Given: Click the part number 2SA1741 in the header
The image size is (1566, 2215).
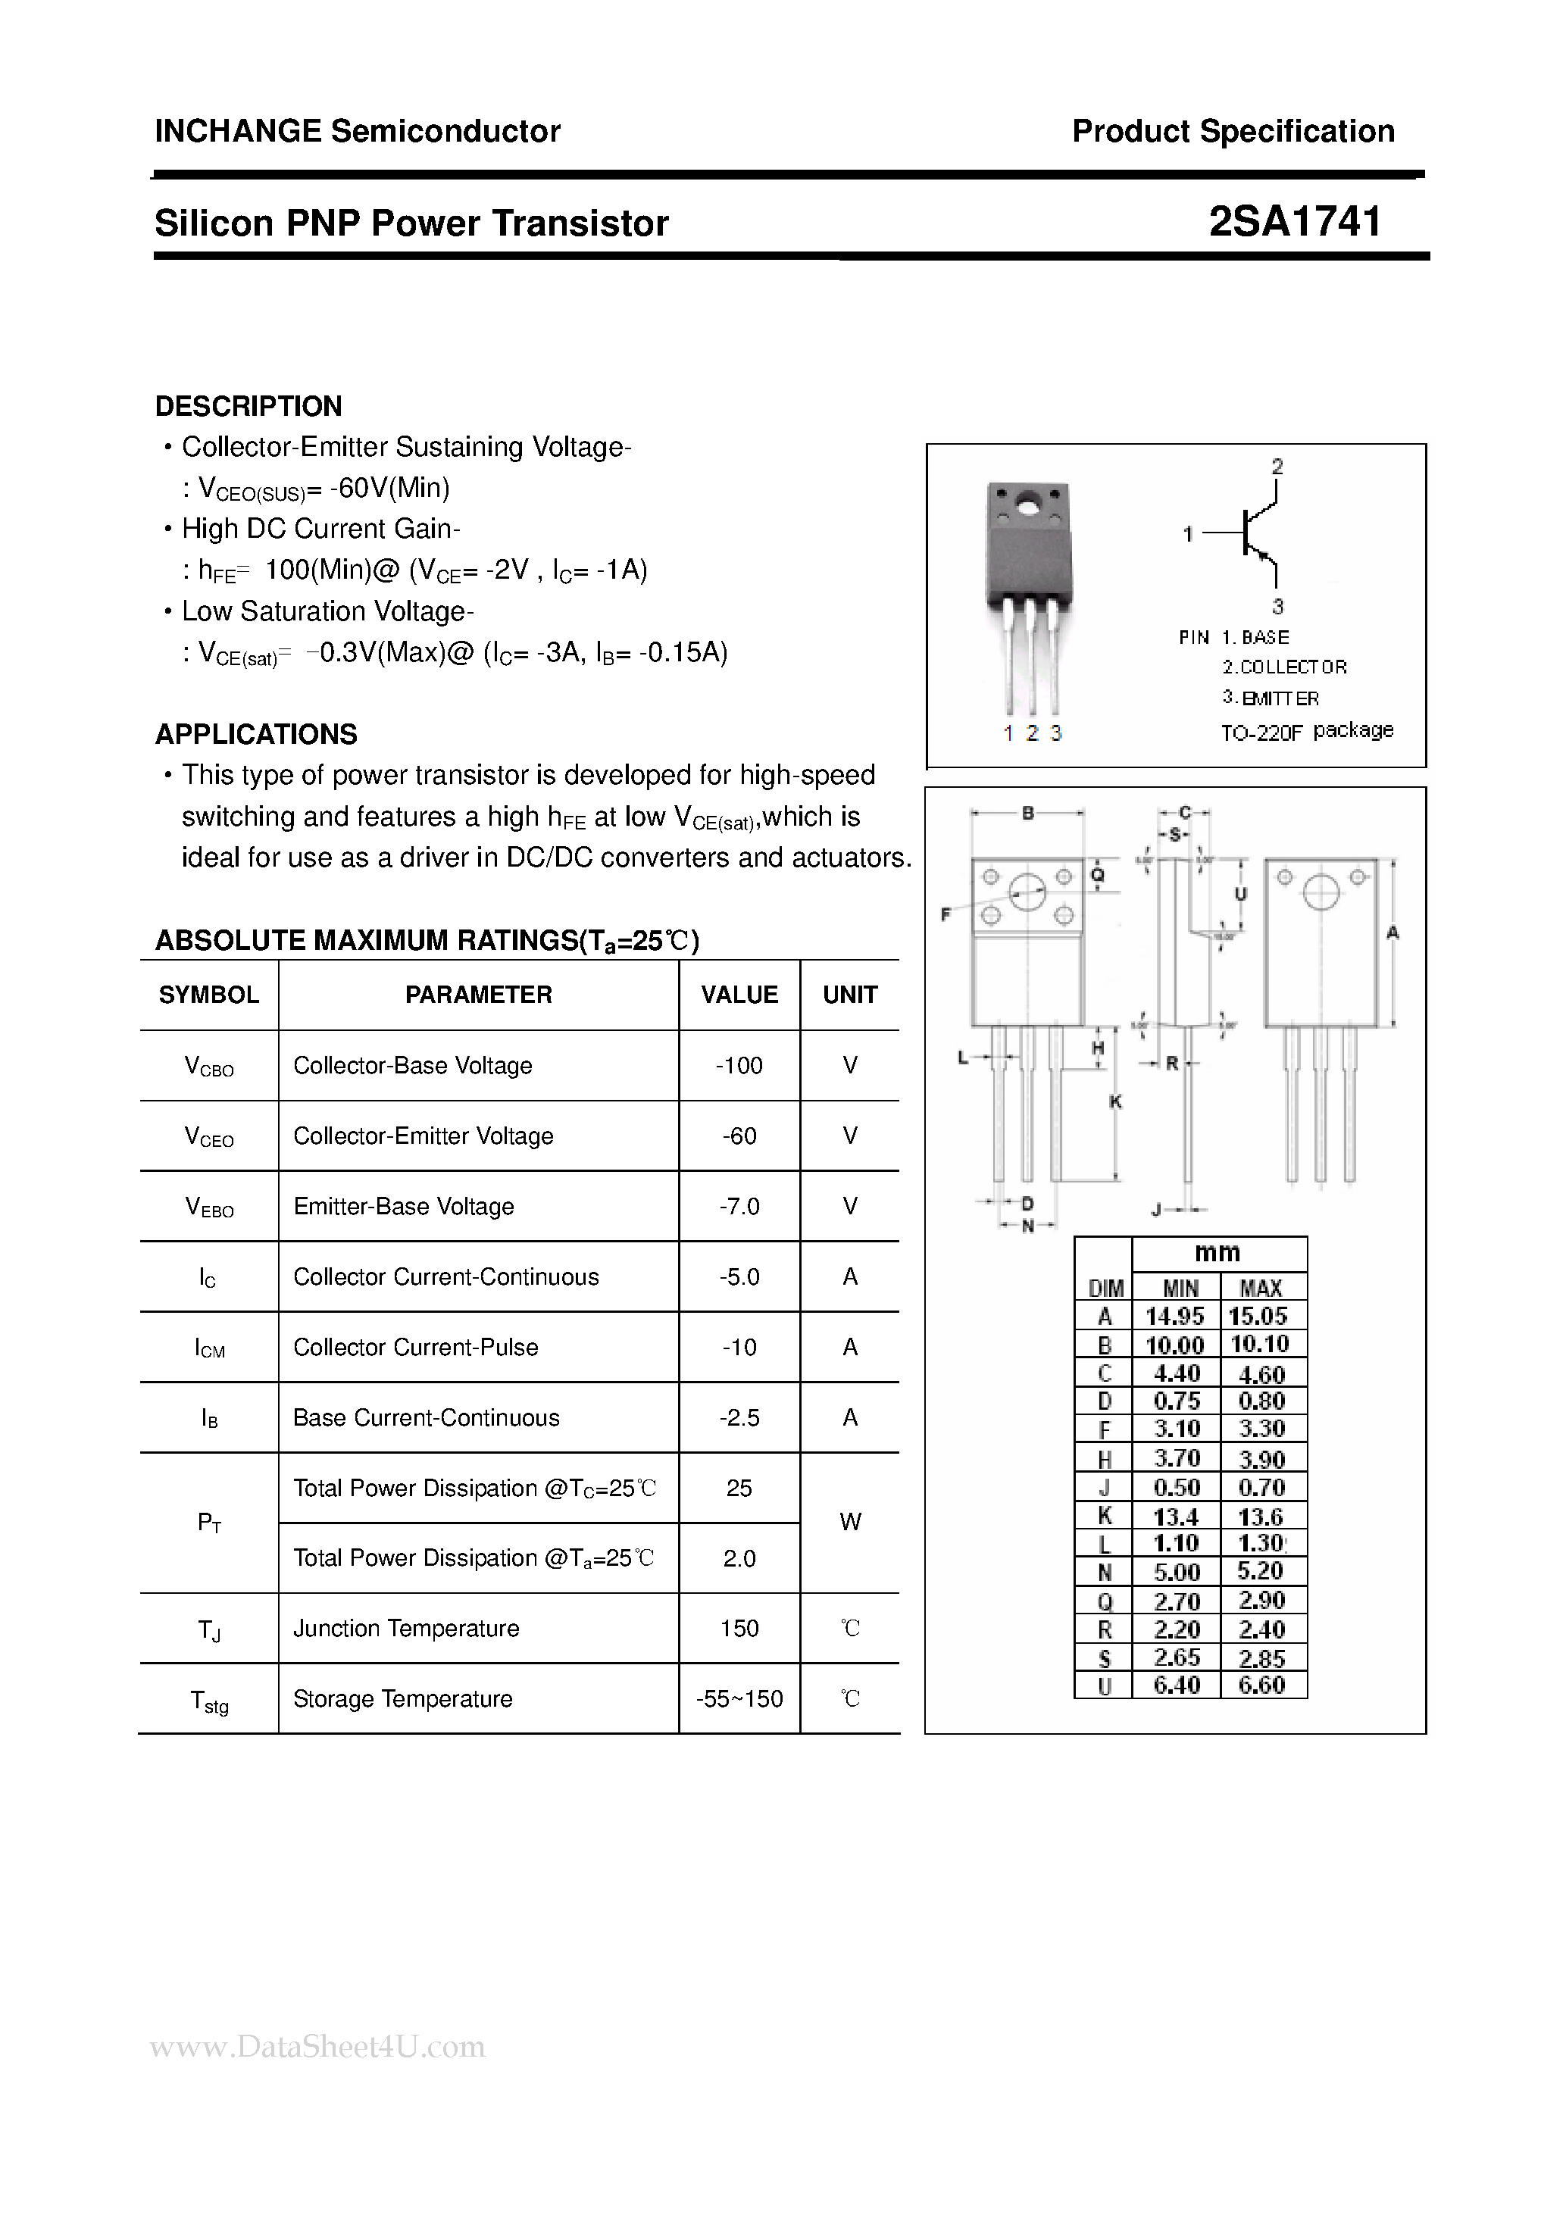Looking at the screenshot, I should pos(1295,222).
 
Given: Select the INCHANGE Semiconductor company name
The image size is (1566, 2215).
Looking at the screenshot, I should pos(357,131).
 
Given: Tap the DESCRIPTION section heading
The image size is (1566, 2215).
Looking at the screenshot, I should pos(248,406).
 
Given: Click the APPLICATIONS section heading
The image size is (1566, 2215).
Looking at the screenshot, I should pos(255,734).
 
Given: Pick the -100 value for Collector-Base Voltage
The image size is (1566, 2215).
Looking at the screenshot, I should pos(739,1065).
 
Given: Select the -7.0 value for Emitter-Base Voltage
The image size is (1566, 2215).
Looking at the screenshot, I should pos(739,1206).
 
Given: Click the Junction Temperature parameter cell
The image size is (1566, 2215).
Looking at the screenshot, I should pos(406,1629).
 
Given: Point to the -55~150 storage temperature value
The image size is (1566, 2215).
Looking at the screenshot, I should pos(739,1699).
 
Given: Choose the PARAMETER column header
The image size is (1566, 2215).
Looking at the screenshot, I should pos(479,995).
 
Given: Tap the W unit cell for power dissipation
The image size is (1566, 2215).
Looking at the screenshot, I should pos(850,1523).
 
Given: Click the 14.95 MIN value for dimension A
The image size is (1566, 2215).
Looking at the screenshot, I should pos(1175,1316).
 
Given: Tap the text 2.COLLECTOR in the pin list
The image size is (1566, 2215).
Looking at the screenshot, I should pos(1284,667).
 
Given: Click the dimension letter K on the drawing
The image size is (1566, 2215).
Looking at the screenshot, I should pos(1115,1101).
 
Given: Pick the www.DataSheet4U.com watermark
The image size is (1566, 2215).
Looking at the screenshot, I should pos(318,2046).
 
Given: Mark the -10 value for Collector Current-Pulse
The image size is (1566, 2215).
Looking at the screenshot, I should pos(739,1347).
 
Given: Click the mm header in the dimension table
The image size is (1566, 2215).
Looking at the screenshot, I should pos(1217,1253).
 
